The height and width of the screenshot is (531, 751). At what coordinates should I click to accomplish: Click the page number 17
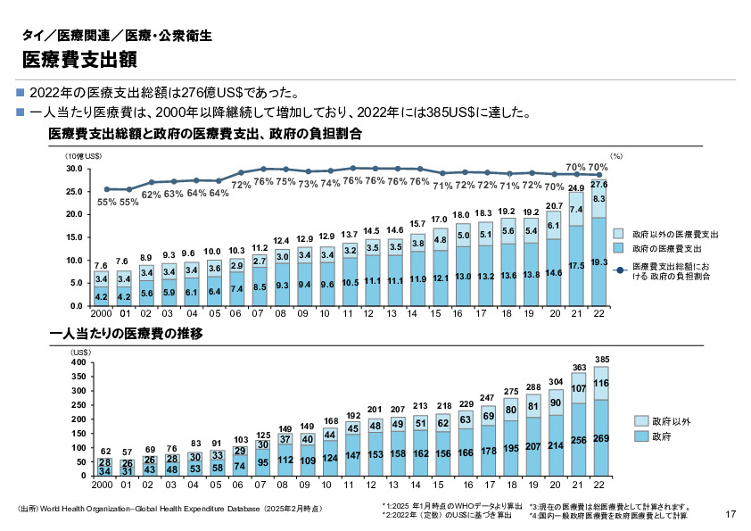tap(730, 513)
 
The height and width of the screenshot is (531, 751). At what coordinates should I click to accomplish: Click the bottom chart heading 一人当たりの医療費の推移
tap(128, 334)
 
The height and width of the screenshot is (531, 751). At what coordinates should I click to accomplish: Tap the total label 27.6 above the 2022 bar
tap(599, 184)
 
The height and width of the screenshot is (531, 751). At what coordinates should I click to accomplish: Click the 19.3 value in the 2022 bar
tap(599, 262)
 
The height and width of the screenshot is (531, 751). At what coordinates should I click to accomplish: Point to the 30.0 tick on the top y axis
tap(74, 169)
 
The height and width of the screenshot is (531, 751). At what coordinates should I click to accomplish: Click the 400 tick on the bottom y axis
tap(78, 362)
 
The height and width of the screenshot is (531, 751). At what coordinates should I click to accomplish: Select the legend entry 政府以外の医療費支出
tap(675, 233)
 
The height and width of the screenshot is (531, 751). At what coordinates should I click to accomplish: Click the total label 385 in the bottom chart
tap(601, 360)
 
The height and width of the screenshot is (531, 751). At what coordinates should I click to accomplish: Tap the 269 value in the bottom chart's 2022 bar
tap(600, 438)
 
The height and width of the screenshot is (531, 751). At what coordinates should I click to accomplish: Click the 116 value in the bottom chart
tap(600, 384)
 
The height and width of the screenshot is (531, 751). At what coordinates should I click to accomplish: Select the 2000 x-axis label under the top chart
tap(101, 314)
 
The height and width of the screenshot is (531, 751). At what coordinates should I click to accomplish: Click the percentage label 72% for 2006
tap(241, 185)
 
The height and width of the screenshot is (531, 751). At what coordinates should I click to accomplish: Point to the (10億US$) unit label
tap(81, 156)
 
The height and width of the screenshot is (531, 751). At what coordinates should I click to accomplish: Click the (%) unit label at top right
tap(615, 156)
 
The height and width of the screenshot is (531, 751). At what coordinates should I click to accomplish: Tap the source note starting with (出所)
tap(169, 509)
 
